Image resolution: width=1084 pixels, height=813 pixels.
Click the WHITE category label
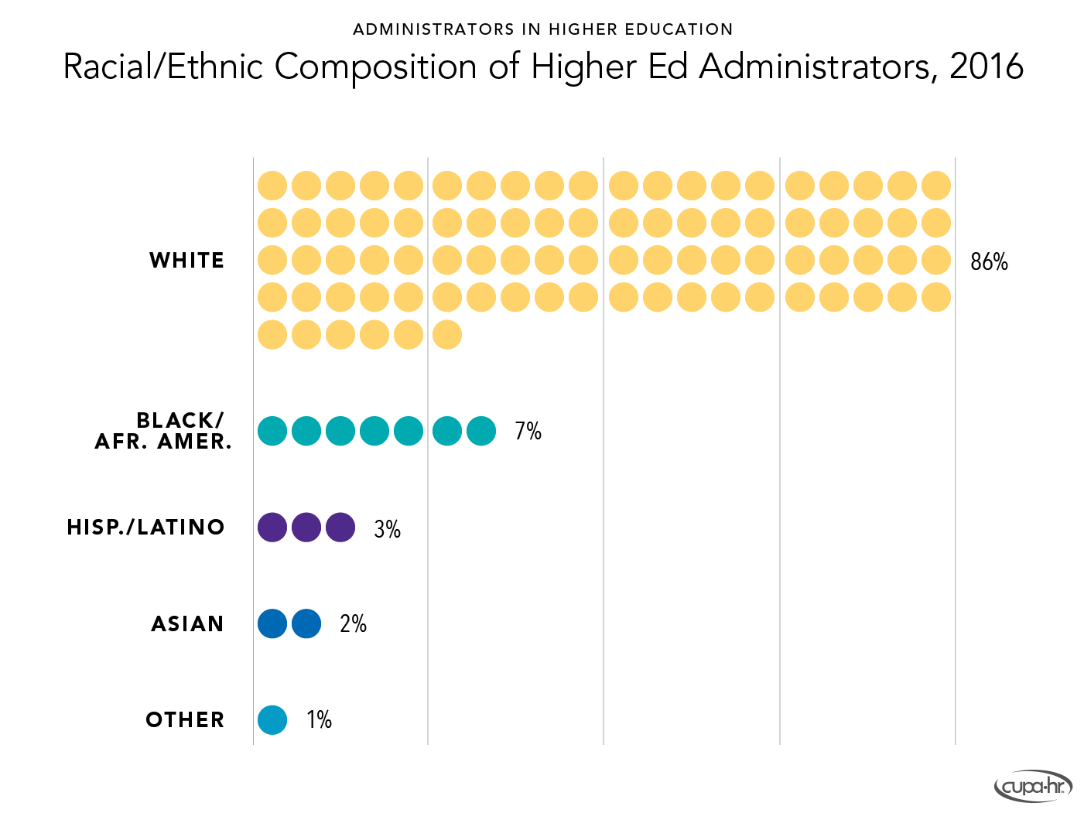point(187,261)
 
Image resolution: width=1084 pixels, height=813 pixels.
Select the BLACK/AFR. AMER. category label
point(163,431)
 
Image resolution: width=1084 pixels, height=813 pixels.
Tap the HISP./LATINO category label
point(146,528)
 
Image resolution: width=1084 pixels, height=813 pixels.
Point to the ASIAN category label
point(188,624)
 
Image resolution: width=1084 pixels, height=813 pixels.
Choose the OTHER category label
point(186,720)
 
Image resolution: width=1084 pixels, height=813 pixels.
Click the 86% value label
point(989,262)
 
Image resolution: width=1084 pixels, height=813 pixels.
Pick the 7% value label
point(528,431)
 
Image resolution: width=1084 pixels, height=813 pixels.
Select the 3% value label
point(387,529)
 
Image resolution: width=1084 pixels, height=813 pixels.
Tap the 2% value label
point(353,624)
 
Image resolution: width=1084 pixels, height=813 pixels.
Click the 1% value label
point(319,720)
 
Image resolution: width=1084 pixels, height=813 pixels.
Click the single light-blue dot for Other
point(272,720)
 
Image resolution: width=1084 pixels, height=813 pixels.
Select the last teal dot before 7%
point(481,431)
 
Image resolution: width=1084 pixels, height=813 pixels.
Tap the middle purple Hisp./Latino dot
point(306,528)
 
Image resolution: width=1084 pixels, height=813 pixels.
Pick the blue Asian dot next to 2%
point(306,623)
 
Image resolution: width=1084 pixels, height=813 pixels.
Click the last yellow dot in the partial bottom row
point(447,335)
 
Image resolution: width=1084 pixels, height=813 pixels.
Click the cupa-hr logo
point(1033,787)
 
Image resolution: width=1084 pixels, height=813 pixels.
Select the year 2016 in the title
point(987,67)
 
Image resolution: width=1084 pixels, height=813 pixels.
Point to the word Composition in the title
point(375,67)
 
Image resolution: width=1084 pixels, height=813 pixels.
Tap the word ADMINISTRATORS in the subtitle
point(433,29)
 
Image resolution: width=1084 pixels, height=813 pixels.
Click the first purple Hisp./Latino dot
point(272,528)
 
